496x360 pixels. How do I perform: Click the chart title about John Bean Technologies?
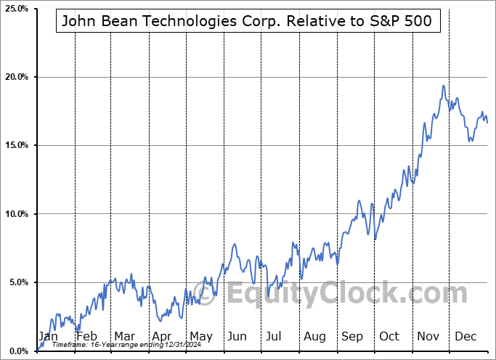[247, 21]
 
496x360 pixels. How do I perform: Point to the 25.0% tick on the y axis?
[16, 9]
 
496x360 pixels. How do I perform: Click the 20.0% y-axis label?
[16, 77]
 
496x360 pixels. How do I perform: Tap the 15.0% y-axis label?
[16, 145]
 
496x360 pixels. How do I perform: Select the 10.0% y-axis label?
[16, 214]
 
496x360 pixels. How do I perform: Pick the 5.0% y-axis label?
[16, 282]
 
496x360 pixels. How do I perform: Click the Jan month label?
[47, 337]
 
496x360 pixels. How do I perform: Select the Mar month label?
[125, 337]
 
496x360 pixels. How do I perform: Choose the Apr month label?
[163, 337]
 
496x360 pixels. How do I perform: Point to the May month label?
[200, 337]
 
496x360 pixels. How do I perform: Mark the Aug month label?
[314, 337]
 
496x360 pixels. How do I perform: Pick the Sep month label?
[351, 337]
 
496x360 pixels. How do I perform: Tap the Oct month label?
[389, 337]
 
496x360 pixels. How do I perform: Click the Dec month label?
[465, 337]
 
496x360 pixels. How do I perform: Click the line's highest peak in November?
[443, 86]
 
